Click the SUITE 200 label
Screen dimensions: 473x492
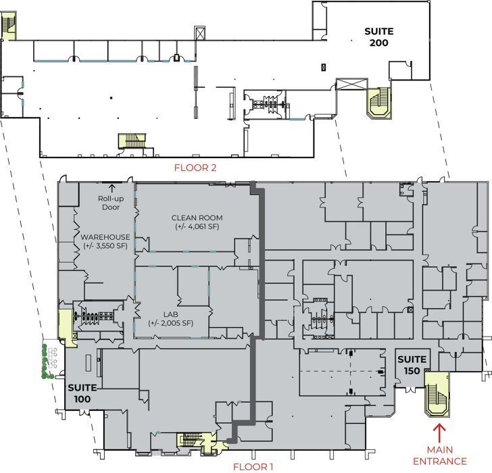click(378, 37)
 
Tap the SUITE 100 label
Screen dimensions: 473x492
click(82, 393)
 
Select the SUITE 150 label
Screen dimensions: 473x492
click(411, 365)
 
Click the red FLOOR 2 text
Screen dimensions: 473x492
click(195, 168)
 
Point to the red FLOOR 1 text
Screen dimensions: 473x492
click(253, 466)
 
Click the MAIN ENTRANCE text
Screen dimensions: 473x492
click(447, 455)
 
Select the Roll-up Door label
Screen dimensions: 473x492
click(109, 203)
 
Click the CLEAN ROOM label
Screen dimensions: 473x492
click(197, 218)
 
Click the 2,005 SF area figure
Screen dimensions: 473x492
click(171, 323)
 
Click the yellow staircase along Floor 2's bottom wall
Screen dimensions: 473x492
click(132, 141)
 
